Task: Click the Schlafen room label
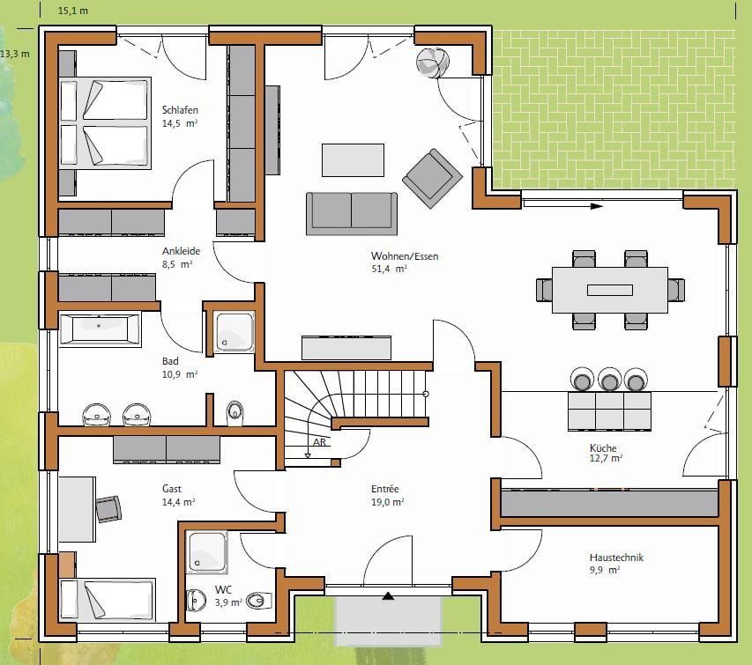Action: click(x=180, y=110)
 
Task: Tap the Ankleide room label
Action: click(x=181, y=251)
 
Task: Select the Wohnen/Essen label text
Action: click(x=405, y=256)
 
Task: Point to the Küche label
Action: click(x=603, y=448)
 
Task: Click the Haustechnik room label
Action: click(x=616, y=558)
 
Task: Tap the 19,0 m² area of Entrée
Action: click(x=387, y=502)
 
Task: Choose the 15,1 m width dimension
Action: click(x=73, y=11)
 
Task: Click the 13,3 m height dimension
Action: click(x=15, y=54)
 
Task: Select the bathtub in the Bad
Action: click(x=100, y=329)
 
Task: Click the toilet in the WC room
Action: click(x=259, y=601)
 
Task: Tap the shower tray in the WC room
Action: click(x=206, y=552)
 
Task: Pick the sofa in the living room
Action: click(x=352, y=214)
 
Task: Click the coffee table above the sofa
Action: click(x=353, y=160)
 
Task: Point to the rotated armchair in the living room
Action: click(x=432, y=178)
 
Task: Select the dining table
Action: click(x=610, y=290)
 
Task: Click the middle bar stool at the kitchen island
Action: click(x=609, y=380)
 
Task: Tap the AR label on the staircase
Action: click(x=319, y=442)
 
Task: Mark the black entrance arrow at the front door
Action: click(x=388, y=596)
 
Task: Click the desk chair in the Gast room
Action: click(x=108, y=509)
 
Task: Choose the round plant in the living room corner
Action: click(x=433, y=63)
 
